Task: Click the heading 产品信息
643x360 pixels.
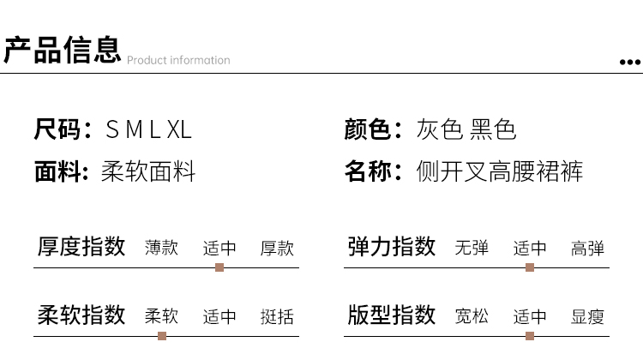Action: (62, 50)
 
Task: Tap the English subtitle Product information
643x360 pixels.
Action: (178, 60)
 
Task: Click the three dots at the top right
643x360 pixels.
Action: (630, 62)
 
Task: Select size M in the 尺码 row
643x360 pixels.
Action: (130, 130)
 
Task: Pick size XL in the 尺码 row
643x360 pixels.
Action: (178, 130)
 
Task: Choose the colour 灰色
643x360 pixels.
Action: (439, 130)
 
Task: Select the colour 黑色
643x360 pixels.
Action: (494, 130)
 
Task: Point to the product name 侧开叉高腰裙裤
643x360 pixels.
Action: (500, 172)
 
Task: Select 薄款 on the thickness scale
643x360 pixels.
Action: (162, 249)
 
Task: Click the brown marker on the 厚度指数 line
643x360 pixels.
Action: (219, 267)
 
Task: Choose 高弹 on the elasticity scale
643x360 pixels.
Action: (587, 249)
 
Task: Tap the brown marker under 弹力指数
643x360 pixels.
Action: (530, 267)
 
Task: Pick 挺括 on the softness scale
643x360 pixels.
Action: (277, 316)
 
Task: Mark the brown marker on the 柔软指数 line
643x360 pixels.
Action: (162, 335)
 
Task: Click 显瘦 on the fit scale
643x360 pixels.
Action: (587, 316)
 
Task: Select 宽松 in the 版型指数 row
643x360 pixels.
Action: (472, 316)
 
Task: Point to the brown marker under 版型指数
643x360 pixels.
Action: (530, 335)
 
